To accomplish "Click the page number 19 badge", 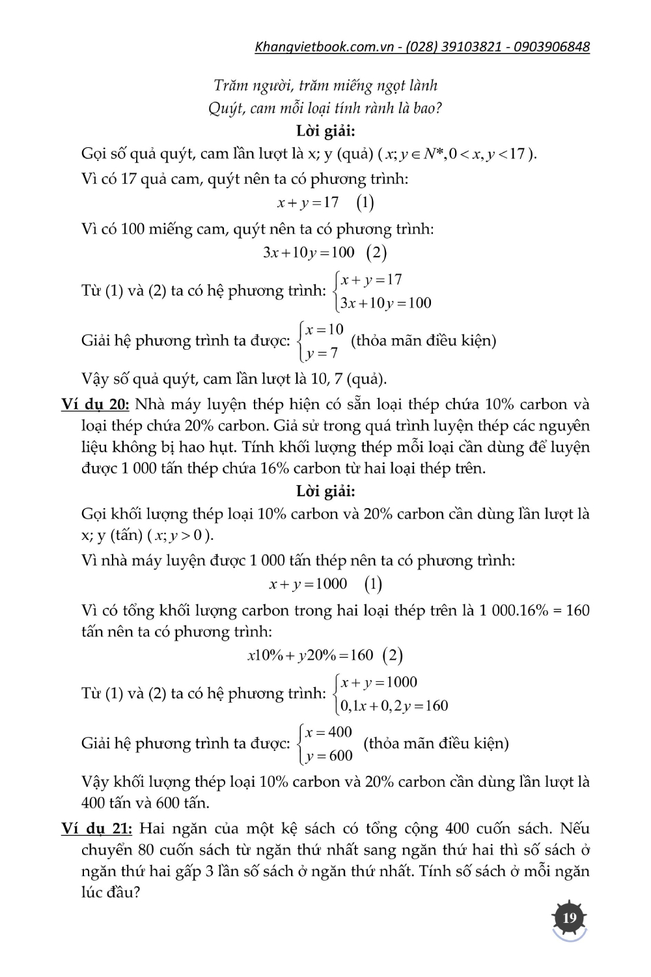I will tap(570, 918).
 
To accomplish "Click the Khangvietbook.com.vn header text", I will tap(325, 47).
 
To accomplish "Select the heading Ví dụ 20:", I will tap(96, 404).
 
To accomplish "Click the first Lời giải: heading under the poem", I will tap(325, 131).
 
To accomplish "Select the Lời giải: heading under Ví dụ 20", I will tap(325, 491).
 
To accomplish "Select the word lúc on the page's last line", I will tap(94, 892).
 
